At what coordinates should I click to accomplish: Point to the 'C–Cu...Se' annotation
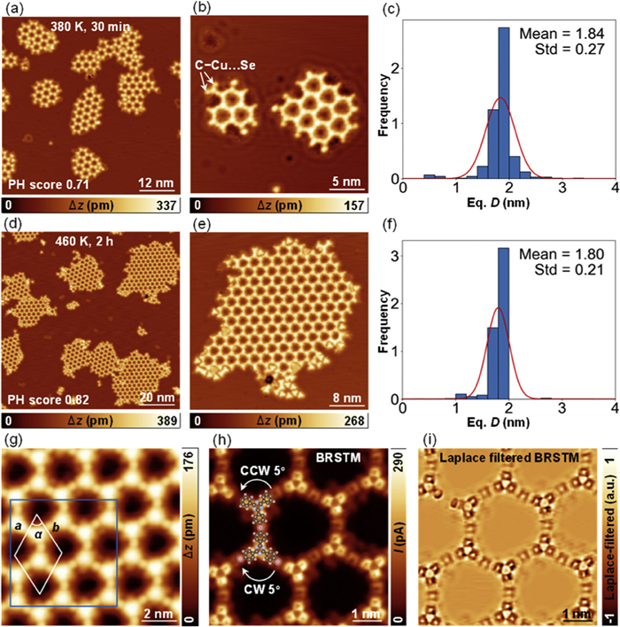click(x=225, y=65)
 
